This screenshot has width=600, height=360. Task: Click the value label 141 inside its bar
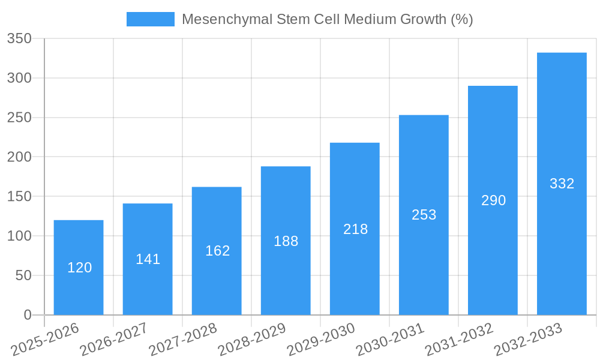[x=148, y=259]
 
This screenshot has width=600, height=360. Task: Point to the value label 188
[x=286, y=241]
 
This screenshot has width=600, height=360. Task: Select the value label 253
[x=424, y=215]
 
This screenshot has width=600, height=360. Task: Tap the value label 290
[x=493, y=200]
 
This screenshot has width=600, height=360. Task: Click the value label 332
[x=562, y=184]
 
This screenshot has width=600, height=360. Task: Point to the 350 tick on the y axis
[x=19, y=39]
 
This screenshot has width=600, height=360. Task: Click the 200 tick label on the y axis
[x=19, y=157]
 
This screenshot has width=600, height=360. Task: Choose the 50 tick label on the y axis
[x=23, y=275]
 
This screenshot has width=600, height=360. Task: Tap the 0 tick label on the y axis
[x=28, y=315]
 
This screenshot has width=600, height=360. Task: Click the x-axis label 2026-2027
[x=114, y=338]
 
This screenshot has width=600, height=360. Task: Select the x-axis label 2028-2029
[x=252, y=338]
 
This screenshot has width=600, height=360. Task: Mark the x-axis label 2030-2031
[x=390, y=338]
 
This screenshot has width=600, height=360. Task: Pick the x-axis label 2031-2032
[x=459, y=338]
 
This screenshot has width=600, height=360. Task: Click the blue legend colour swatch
[x=150, y=19]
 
